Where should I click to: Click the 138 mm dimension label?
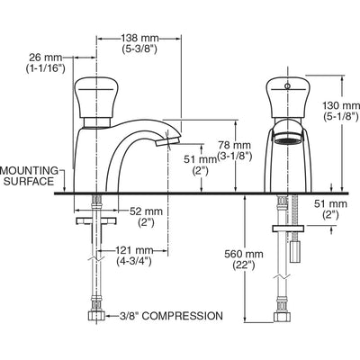pyautogui.click(x=139, y=39)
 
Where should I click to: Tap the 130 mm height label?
pyautogui.click(x=341, y=105)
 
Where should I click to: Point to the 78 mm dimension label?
pyautogui.click(x=234, y=145)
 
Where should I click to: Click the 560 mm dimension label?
pyautogui.click(x=244, y=254)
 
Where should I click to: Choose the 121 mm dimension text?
pyautogui.click(x=134, y=250)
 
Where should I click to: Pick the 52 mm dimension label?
pyautogui.click(x=146, y=211)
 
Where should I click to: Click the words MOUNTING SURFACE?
pyautogui.click(x=30, y=176)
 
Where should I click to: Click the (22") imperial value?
pyautogui.click(x=244, y=265)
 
